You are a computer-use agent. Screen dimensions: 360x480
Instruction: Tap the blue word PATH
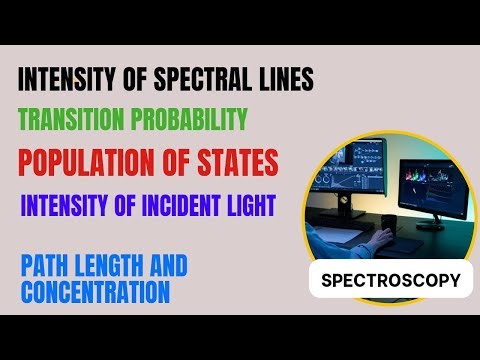pyautogui.click(x=46, y=268)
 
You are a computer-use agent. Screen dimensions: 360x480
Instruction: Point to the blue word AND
pyautogui.click(x=165, y=268)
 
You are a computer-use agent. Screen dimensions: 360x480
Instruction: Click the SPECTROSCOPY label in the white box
pyautogui.click(x=390, y=281)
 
